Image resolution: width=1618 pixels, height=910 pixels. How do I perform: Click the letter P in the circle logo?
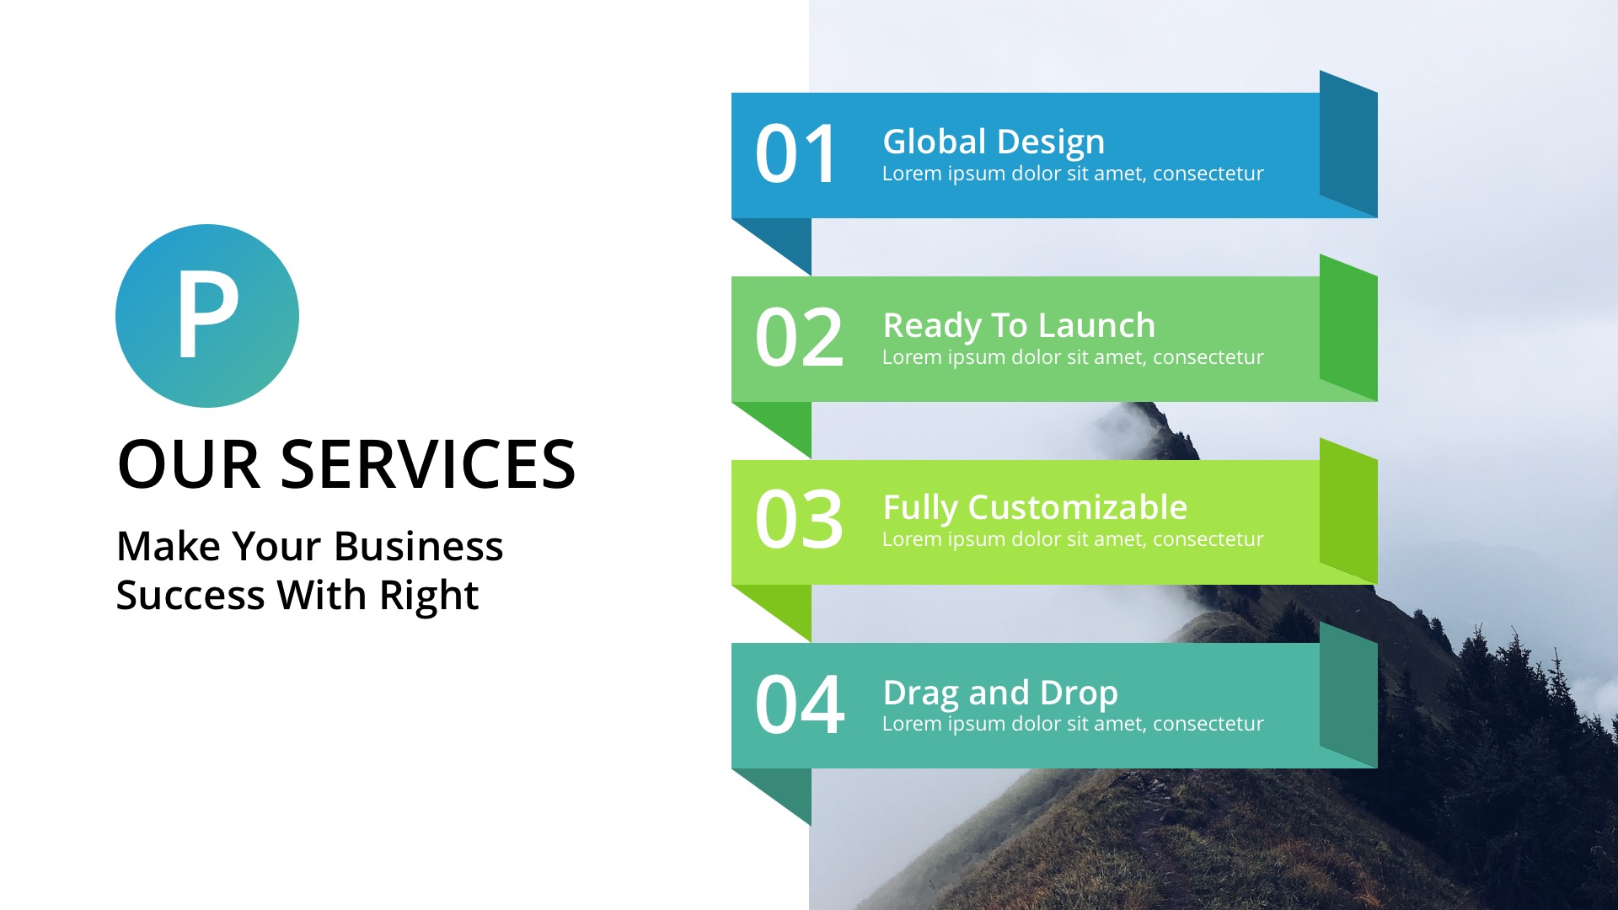[206, 316]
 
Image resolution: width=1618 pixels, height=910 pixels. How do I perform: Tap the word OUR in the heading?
[188, 464]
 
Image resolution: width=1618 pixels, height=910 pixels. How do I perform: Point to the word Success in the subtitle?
[190, 595]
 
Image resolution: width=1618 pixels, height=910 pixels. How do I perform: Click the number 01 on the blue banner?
[796, 154]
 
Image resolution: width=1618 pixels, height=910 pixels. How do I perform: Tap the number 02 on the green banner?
[799, 338]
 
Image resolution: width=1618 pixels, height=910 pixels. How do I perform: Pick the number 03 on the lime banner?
[799, 520]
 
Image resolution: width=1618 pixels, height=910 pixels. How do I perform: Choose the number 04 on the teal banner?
[799, 704]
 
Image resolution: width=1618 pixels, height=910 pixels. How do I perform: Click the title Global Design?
[994, 142]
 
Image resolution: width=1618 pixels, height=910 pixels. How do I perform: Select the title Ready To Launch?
[1019, 325]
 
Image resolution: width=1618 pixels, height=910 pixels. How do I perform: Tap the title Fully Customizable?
[1035, 507]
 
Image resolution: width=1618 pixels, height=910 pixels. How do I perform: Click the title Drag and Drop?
[1000, 693]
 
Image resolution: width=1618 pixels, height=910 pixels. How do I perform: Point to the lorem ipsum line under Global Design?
[1073, 174]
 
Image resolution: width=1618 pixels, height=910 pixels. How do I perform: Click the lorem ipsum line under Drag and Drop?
[1073, 724]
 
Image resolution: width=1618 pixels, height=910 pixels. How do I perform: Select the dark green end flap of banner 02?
[1348, 329]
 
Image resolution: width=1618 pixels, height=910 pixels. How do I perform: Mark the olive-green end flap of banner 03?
[1348, 511]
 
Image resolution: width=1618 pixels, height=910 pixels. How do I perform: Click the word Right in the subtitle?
[429, 595]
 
